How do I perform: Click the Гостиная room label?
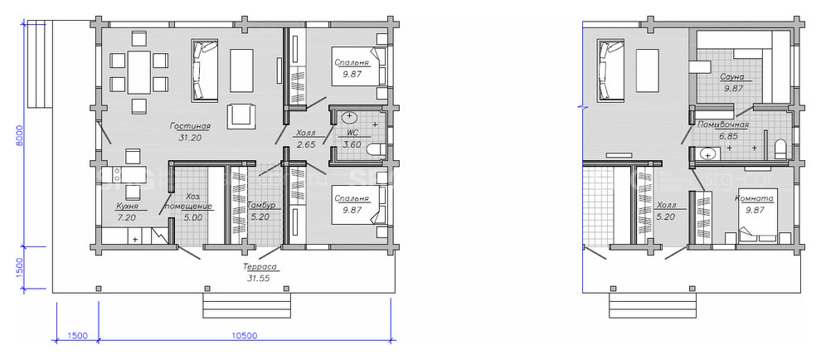pyautogui.click(x=190, y=126)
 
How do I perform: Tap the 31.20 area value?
pyautogui.click(x=190, y=139)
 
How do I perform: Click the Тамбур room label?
pyautogui.click(x=261, y=205)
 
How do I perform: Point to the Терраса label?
pyautogui.click(x=260, y=267)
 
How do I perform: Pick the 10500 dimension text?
pyautogui.click(x=244, y=336)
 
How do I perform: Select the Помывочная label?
pyautogui.click(x=722, y=124)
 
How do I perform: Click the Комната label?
pyautogui.click(x=755, y=198)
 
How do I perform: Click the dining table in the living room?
pyautogui.click(x=138, y=72)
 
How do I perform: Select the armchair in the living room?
pyautogui.click(x=241, y=116)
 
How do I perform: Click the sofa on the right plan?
pyautogui.click(x=611, y=70)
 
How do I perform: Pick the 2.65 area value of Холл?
pyautogui.click(x=306, y=144)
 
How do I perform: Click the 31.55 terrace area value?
pyautogui.click(x=259, y=278)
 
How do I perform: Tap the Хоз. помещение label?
pyautogui.click(x=192, y=202)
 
